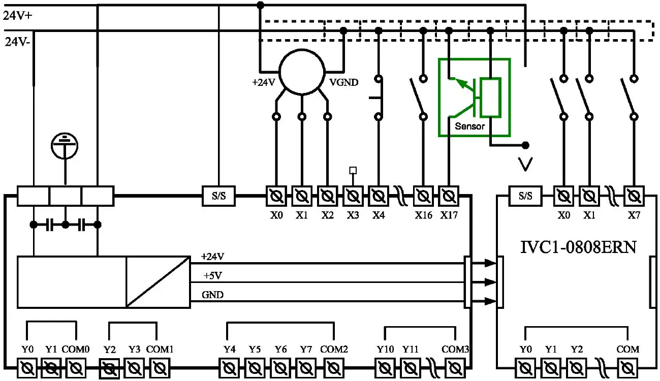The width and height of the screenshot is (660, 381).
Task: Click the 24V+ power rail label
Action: click(x=18, y=15)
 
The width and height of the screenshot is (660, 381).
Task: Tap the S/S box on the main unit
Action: click(x=219, y=196)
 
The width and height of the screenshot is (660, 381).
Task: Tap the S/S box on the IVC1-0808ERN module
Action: click(x=525, y=196)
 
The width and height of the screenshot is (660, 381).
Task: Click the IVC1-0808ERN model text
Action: click(x=578, y=247)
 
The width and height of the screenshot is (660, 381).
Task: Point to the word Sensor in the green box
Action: click(x=469, y=126)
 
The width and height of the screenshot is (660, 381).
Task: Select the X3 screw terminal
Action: click(x=353, y=196)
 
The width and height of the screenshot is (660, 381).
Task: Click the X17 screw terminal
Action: click(x=448, y=196)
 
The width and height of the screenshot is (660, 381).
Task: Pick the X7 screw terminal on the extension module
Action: click(x=633, y=196)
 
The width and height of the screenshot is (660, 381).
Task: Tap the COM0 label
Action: click(x=76, y=350)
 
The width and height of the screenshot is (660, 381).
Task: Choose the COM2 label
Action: click(x=334, y=350)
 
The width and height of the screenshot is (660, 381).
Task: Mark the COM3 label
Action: click(x=455, y=350)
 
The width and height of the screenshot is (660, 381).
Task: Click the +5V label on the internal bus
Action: click(x=212, y=276)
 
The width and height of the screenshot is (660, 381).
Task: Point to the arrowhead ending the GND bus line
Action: click(x=490, y=301)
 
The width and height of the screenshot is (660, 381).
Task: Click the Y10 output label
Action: click(x=385, y=350)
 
